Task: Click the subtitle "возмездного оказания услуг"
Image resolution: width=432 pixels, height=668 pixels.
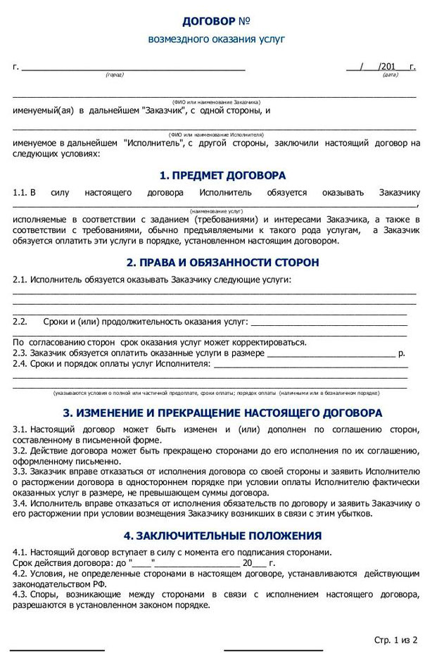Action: click(216, 39)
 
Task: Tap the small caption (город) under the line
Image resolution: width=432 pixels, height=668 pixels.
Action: click(114, 75)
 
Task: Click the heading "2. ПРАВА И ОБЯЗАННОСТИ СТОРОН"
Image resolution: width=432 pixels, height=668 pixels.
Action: click(222, 263)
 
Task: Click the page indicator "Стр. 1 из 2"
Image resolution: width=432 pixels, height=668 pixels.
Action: click(396, 640)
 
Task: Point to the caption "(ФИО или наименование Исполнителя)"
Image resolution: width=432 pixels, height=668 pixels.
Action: click(215, 134)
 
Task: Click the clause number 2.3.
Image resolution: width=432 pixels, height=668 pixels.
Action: click(20, 353)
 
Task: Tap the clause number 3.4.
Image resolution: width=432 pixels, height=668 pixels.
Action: click(20, 504)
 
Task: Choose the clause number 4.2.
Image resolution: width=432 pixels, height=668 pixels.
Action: click(20, 574)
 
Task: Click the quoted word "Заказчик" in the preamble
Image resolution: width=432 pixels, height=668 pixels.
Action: click(163, 111)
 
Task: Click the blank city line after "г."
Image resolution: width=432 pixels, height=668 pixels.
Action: click(134, 68)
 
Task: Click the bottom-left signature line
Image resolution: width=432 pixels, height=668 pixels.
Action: click(57, 650)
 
